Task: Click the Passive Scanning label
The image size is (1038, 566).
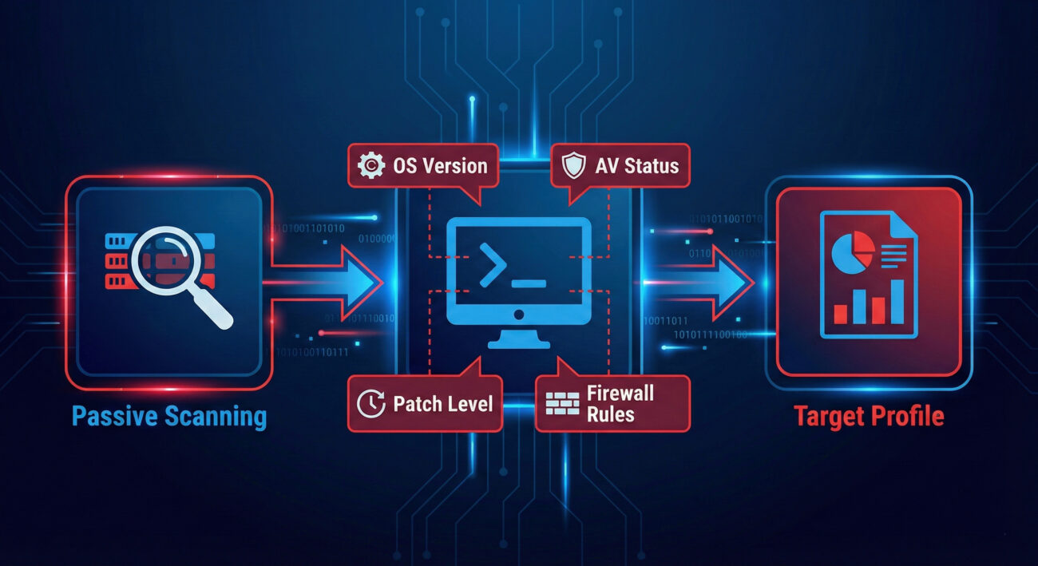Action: [x=169, y=416]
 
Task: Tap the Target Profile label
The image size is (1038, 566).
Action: [x=869, y=416]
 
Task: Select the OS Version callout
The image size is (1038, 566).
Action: [x=423, y=166]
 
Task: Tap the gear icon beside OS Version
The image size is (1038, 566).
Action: [x=372, y=166]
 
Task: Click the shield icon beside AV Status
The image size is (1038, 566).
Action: [x=573, y=166]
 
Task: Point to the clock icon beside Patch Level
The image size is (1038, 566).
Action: [x=370, y=404]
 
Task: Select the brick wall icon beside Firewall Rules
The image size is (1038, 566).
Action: [x=562, y=403]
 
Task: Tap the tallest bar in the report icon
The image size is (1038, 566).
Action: [x=897, y=302]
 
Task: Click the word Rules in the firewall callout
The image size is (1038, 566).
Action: [x=609, y=414]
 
